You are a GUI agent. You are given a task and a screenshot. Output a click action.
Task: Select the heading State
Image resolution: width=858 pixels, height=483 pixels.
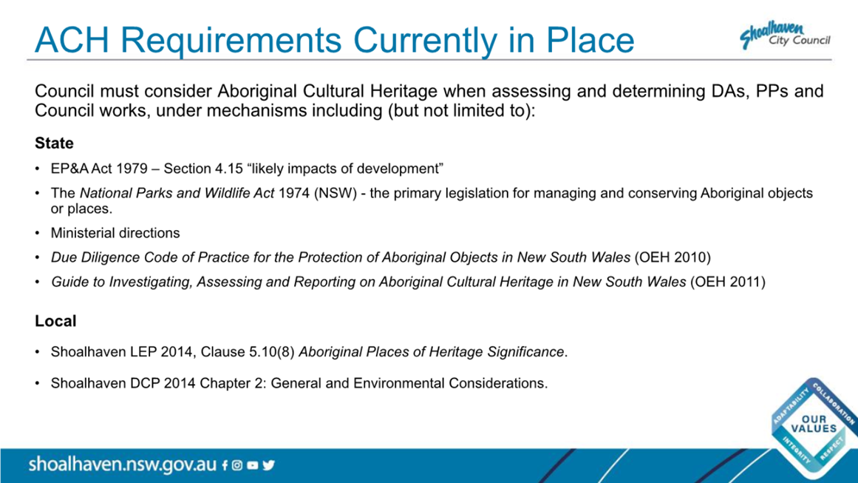(54, 143)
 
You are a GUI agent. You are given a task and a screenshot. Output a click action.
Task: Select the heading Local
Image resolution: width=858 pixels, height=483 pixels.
(55, 321)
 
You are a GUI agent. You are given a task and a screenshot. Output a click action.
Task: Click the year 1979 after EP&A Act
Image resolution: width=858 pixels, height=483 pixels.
(132, 169)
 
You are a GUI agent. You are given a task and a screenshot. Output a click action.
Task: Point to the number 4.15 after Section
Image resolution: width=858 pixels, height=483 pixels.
(229, 169)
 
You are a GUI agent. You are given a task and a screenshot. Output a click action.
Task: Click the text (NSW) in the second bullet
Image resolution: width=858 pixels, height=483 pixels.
(336, 193)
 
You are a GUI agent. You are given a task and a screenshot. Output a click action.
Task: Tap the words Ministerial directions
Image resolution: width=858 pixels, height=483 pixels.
(115, 233)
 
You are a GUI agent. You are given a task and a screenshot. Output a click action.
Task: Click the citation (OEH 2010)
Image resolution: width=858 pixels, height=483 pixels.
(673, 257)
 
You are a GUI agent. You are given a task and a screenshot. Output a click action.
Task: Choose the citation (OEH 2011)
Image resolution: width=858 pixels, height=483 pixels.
(728, 282)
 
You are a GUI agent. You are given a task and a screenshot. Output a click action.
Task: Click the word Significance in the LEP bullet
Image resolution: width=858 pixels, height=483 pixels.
(526, 351)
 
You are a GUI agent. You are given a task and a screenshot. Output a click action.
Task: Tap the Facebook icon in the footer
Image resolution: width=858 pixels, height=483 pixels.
(225, 465)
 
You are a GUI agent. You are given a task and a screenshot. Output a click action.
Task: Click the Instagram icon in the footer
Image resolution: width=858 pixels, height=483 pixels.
(237, 465)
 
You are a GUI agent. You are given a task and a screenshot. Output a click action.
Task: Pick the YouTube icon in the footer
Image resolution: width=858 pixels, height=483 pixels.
(252, 465)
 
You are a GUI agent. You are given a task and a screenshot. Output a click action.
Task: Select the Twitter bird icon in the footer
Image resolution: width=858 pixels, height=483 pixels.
(268, 465)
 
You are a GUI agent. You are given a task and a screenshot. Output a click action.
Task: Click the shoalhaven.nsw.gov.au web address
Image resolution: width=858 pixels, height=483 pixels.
(123, 465)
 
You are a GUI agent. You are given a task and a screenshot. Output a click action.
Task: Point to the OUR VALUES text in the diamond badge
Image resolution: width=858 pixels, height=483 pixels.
(814, 424)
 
